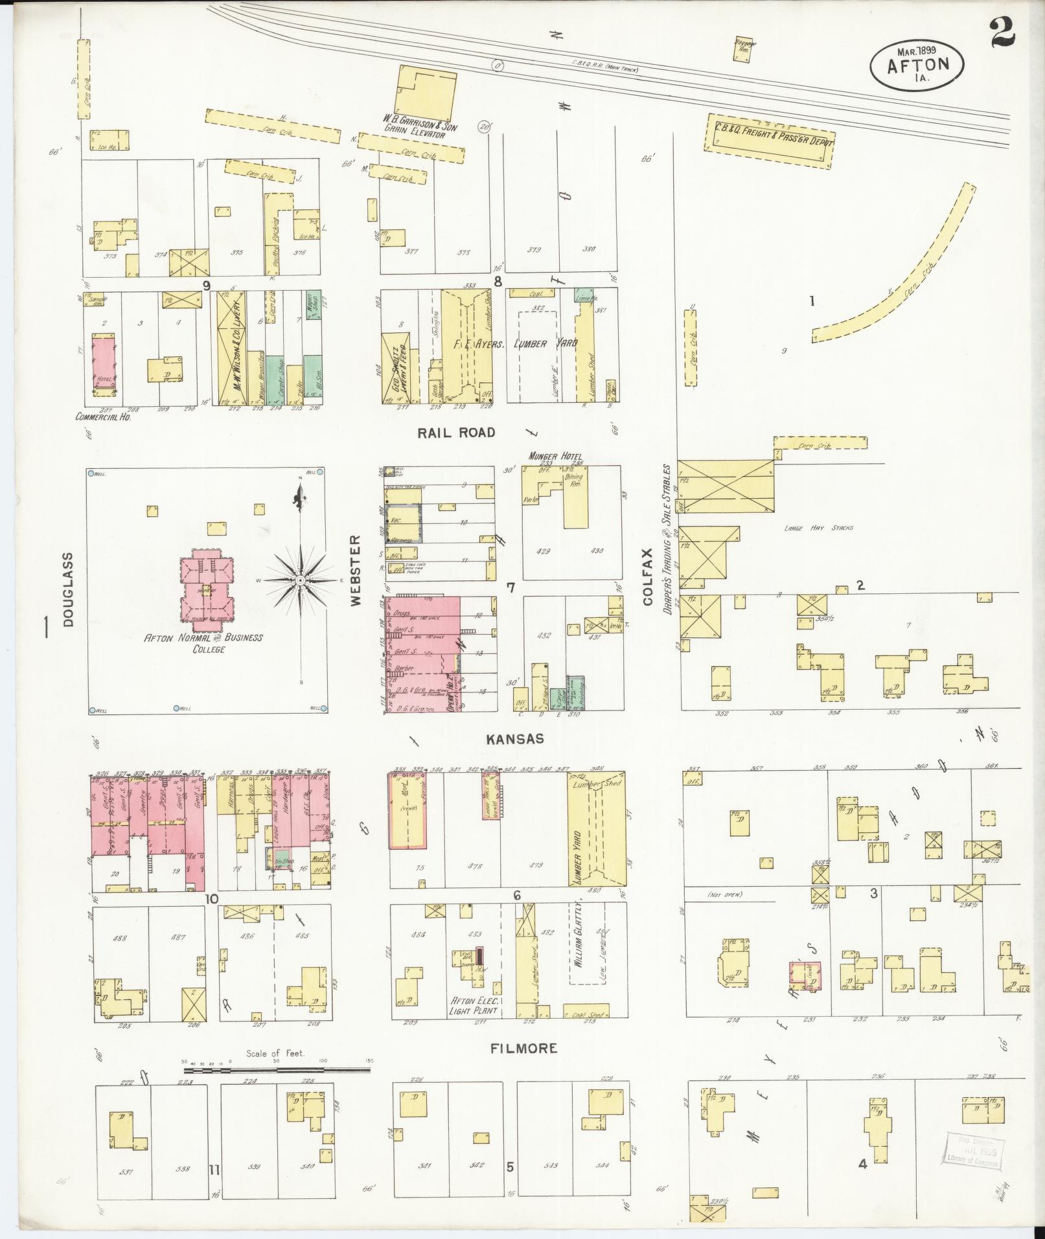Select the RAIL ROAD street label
[456, 433]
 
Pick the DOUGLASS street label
[69, 589]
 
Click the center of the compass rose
[300, 582]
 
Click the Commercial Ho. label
[104, 418]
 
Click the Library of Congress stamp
[973, 1150]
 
